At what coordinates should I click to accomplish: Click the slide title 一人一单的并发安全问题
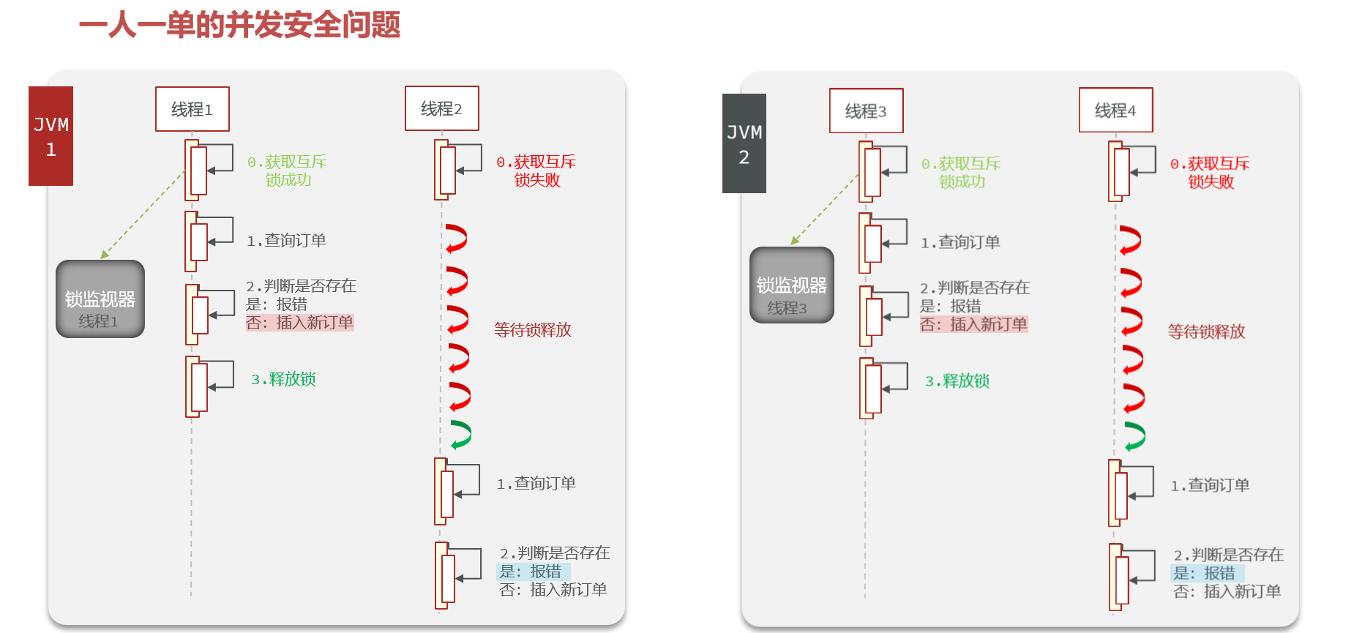pos(239,26)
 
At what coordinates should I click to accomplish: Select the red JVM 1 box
pos(51,136)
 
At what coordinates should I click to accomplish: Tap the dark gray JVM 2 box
pos(744,143)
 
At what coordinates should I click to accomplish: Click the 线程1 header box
pos(192,109)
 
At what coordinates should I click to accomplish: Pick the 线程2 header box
pos(441,108)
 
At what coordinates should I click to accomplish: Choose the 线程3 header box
pos(866,111)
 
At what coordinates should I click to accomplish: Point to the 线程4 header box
pos(1115,110)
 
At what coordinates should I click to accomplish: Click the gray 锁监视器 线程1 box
pos(100,299)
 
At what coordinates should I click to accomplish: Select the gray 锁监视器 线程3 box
pos(791,285)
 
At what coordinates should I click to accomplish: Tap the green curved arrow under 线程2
pos(460,435)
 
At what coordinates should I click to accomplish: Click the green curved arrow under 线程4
pos(1134,436)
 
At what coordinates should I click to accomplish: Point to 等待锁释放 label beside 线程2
pos(532,330)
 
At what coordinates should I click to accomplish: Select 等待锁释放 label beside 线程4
pos(1206,332)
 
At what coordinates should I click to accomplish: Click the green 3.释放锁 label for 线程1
pos(283,379)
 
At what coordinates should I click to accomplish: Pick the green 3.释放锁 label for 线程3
pos(957,381)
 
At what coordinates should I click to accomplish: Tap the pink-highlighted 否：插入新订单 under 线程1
pos(300,323)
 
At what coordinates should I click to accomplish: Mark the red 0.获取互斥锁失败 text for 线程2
pos(536,171)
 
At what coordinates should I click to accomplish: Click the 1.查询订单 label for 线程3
pos(960,242)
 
